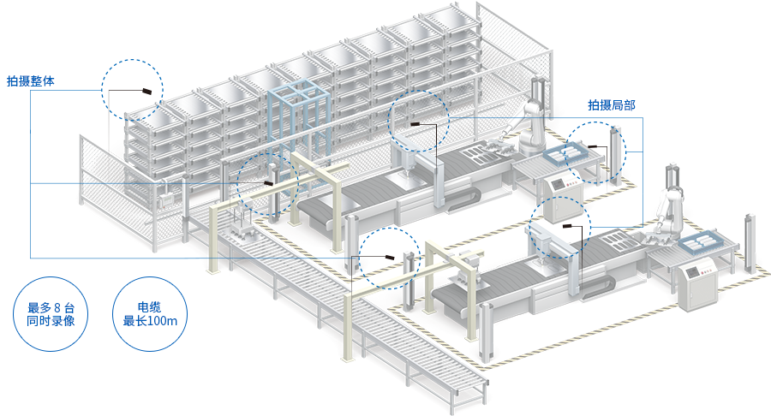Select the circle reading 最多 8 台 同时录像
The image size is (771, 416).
[x=51, y=314]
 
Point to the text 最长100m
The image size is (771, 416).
[x=150, y=322]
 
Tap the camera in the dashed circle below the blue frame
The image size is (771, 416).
[x=268, y=183]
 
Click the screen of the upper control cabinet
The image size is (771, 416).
[x=559, y=184]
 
